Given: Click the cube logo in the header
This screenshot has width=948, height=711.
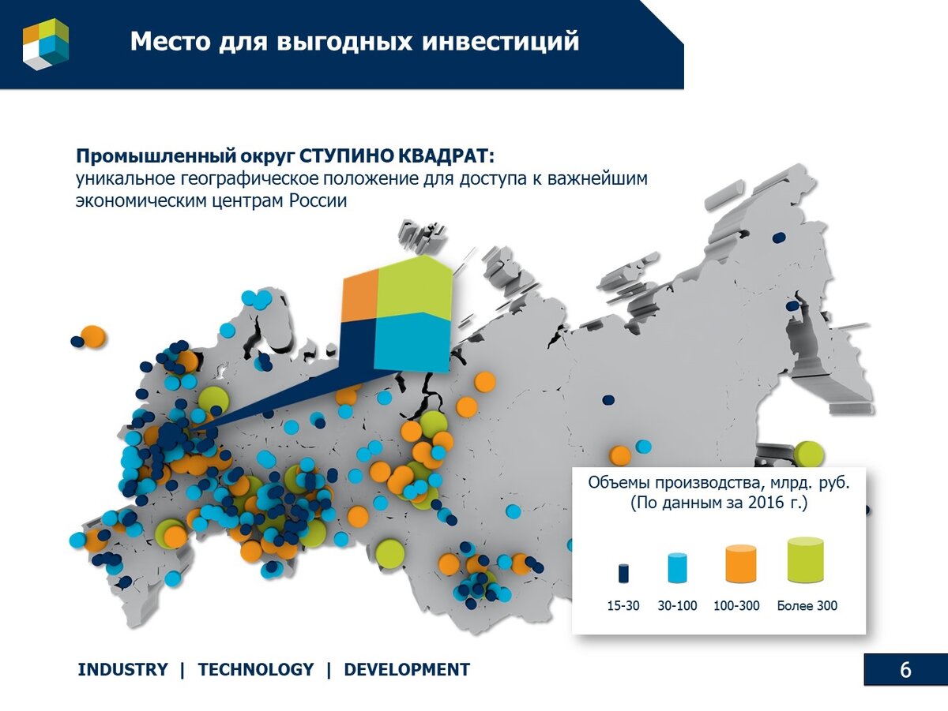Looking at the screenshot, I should click(x=46, y=44).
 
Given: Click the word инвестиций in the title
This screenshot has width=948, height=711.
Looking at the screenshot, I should click(x=501, y=41).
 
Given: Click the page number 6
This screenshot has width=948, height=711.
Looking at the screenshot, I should click(x=905, y=670).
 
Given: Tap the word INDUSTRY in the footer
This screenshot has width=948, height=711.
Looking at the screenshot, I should click(x=122, y=670).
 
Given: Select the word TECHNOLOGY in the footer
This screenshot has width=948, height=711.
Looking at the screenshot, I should click(x=255, y=670).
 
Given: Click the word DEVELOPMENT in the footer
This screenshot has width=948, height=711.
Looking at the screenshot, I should click(x=407, y=670).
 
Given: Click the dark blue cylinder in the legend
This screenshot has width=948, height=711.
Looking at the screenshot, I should click(x=623, y=573).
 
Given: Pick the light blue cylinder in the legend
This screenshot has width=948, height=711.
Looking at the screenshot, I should click(x=677, y=568).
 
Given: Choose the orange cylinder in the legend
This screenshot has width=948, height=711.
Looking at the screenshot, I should click(x=740, y=563).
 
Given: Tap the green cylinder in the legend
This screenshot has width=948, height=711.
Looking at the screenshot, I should click(x=806, y=560).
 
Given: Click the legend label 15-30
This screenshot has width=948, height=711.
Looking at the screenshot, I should click(x=623, y=606).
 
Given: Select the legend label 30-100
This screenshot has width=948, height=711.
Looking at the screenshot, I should click(x=677, y=606).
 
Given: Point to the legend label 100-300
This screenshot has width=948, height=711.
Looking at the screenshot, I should click(x=736, y=606).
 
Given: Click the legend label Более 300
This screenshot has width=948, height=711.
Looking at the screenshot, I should click(x=807, y=606).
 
